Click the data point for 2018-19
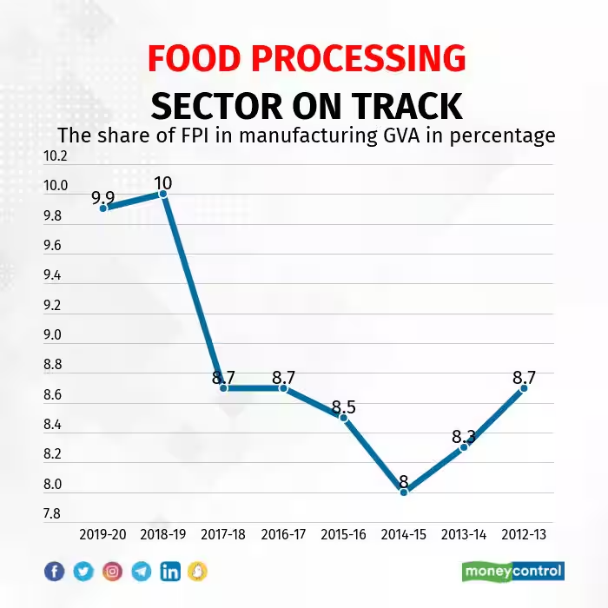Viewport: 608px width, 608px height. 163,194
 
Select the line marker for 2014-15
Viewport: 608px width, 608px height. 404,492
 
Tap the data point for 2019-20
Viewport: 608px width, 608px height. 103,208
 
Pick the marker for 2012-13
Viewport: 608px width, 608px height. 524,387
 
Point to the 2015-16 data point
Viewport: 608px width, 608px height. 344,418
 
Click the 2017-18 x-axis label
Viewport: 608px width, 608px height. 223,534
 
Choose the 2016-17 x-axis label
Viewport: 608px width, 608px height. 283,534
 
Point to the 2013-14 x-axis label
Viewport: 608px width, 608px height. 465,534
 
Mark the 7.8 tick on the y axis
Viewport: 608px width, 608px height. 54,513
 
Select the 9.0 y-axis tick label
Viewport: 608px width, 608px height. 54,335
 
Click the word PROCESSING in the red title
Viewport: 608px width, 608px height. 366,59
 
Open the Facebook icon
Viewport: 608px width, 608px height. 54,571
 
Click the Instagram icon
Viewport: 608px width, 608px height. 112,571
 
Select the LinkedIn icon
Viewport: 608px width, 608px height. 170,571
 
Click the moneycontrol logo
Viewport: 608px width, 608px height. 512,571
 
